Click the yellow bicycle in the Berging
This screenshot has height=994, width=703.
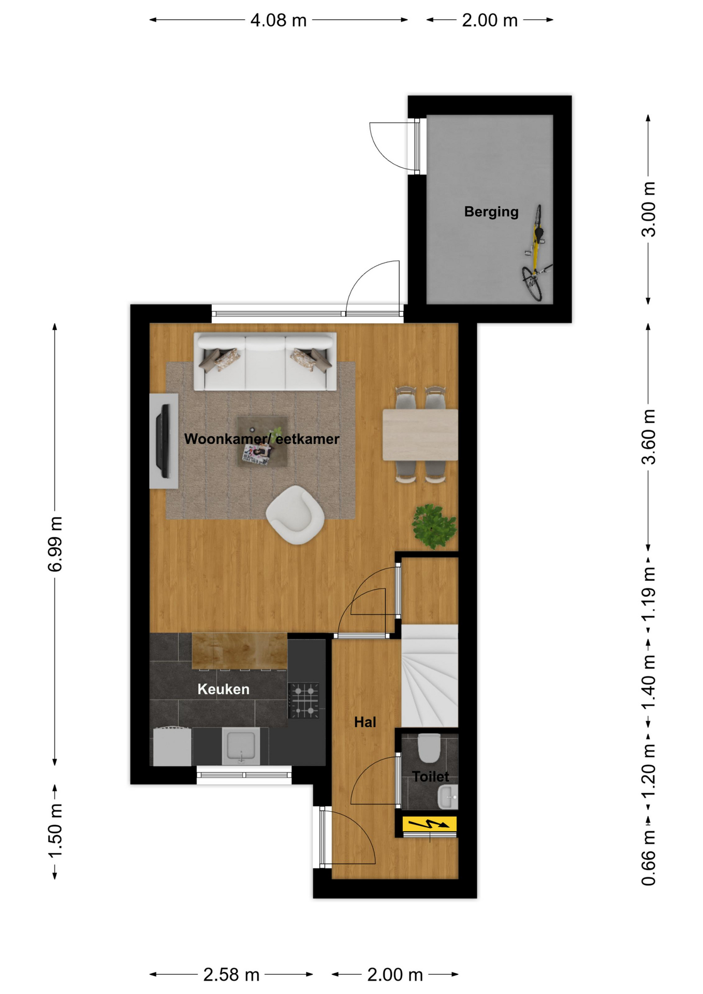pyautogui.click(x=536, y=254)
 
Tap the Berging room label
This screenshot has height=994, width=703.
pyautogui.click(x=491, y=212)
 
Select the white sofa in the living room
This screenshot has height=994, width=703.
pyautogui.click(x=265, y=361)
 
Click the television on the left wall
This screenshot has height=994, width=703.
pyautogui.click(x=165, y=441)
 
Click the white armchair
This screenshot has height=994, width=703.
pyautogui.click(x=295, y=515)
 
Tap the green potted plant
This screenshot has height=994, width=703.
pyautogui.click(x=434, y=526)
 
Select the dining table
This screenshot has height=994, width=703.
pyautogui.click(x=420, y=435)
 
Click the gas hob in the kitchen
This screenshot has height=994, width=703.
pyautogui.click(x=304, y=701)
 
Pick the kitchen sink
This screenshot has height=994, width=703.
pyautogui.click(x=241, y=745)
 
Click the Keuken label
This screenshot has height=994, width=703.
pyautogui.click(x=223, y=689)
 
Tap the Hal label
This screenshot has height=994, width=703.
pyautogui.click(x=365, y=722)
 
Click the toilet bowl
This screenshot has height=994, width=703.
pyautogui.click(x=429, y=748)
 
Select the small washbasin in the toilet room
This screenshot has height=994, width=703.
pyautogui.click(x=448, y=797)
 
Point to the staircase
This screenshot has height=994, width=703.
pyautogui.click(x=430, y=676)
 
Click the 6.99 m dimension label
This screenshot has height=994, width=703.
pyautogui.click(x=55, y=544)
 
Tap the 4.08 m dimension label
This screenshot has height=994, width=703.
pyautogui.click(x=279, y=20)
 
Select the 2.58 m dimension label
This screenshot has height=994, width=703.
pyautogui.click(x=231, y=975)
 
